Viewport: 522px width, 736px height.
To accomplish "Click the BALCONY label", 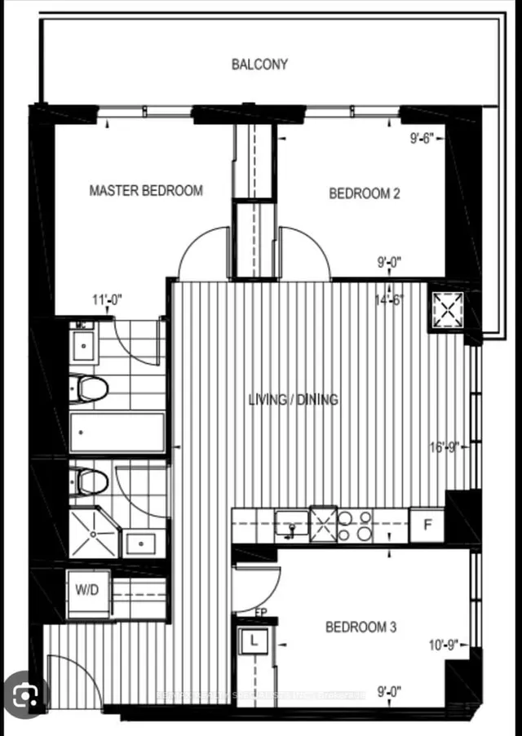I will click(259, 64).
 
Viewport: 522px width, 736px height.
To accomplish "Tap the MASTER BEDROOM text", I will click(146, 190).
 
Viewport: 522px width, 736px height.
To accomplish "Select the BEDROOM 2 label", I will click(365, 193).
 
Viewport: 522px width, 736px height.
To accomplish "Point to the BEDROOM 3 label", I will click(361, 627).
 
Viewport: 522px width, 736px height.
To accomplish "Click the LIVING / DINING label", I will click(293, 400).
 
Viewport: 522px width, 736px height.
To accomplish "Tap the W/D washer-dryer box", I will click(86, 589).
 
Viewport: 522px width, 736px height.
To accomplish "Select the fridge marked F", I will click(427, 525).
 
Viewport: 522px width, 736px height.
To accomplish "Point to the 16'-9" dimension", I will click(445, 447).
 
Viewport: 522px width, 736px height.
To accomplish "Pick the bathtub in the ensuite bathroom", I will click(117, 432).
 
